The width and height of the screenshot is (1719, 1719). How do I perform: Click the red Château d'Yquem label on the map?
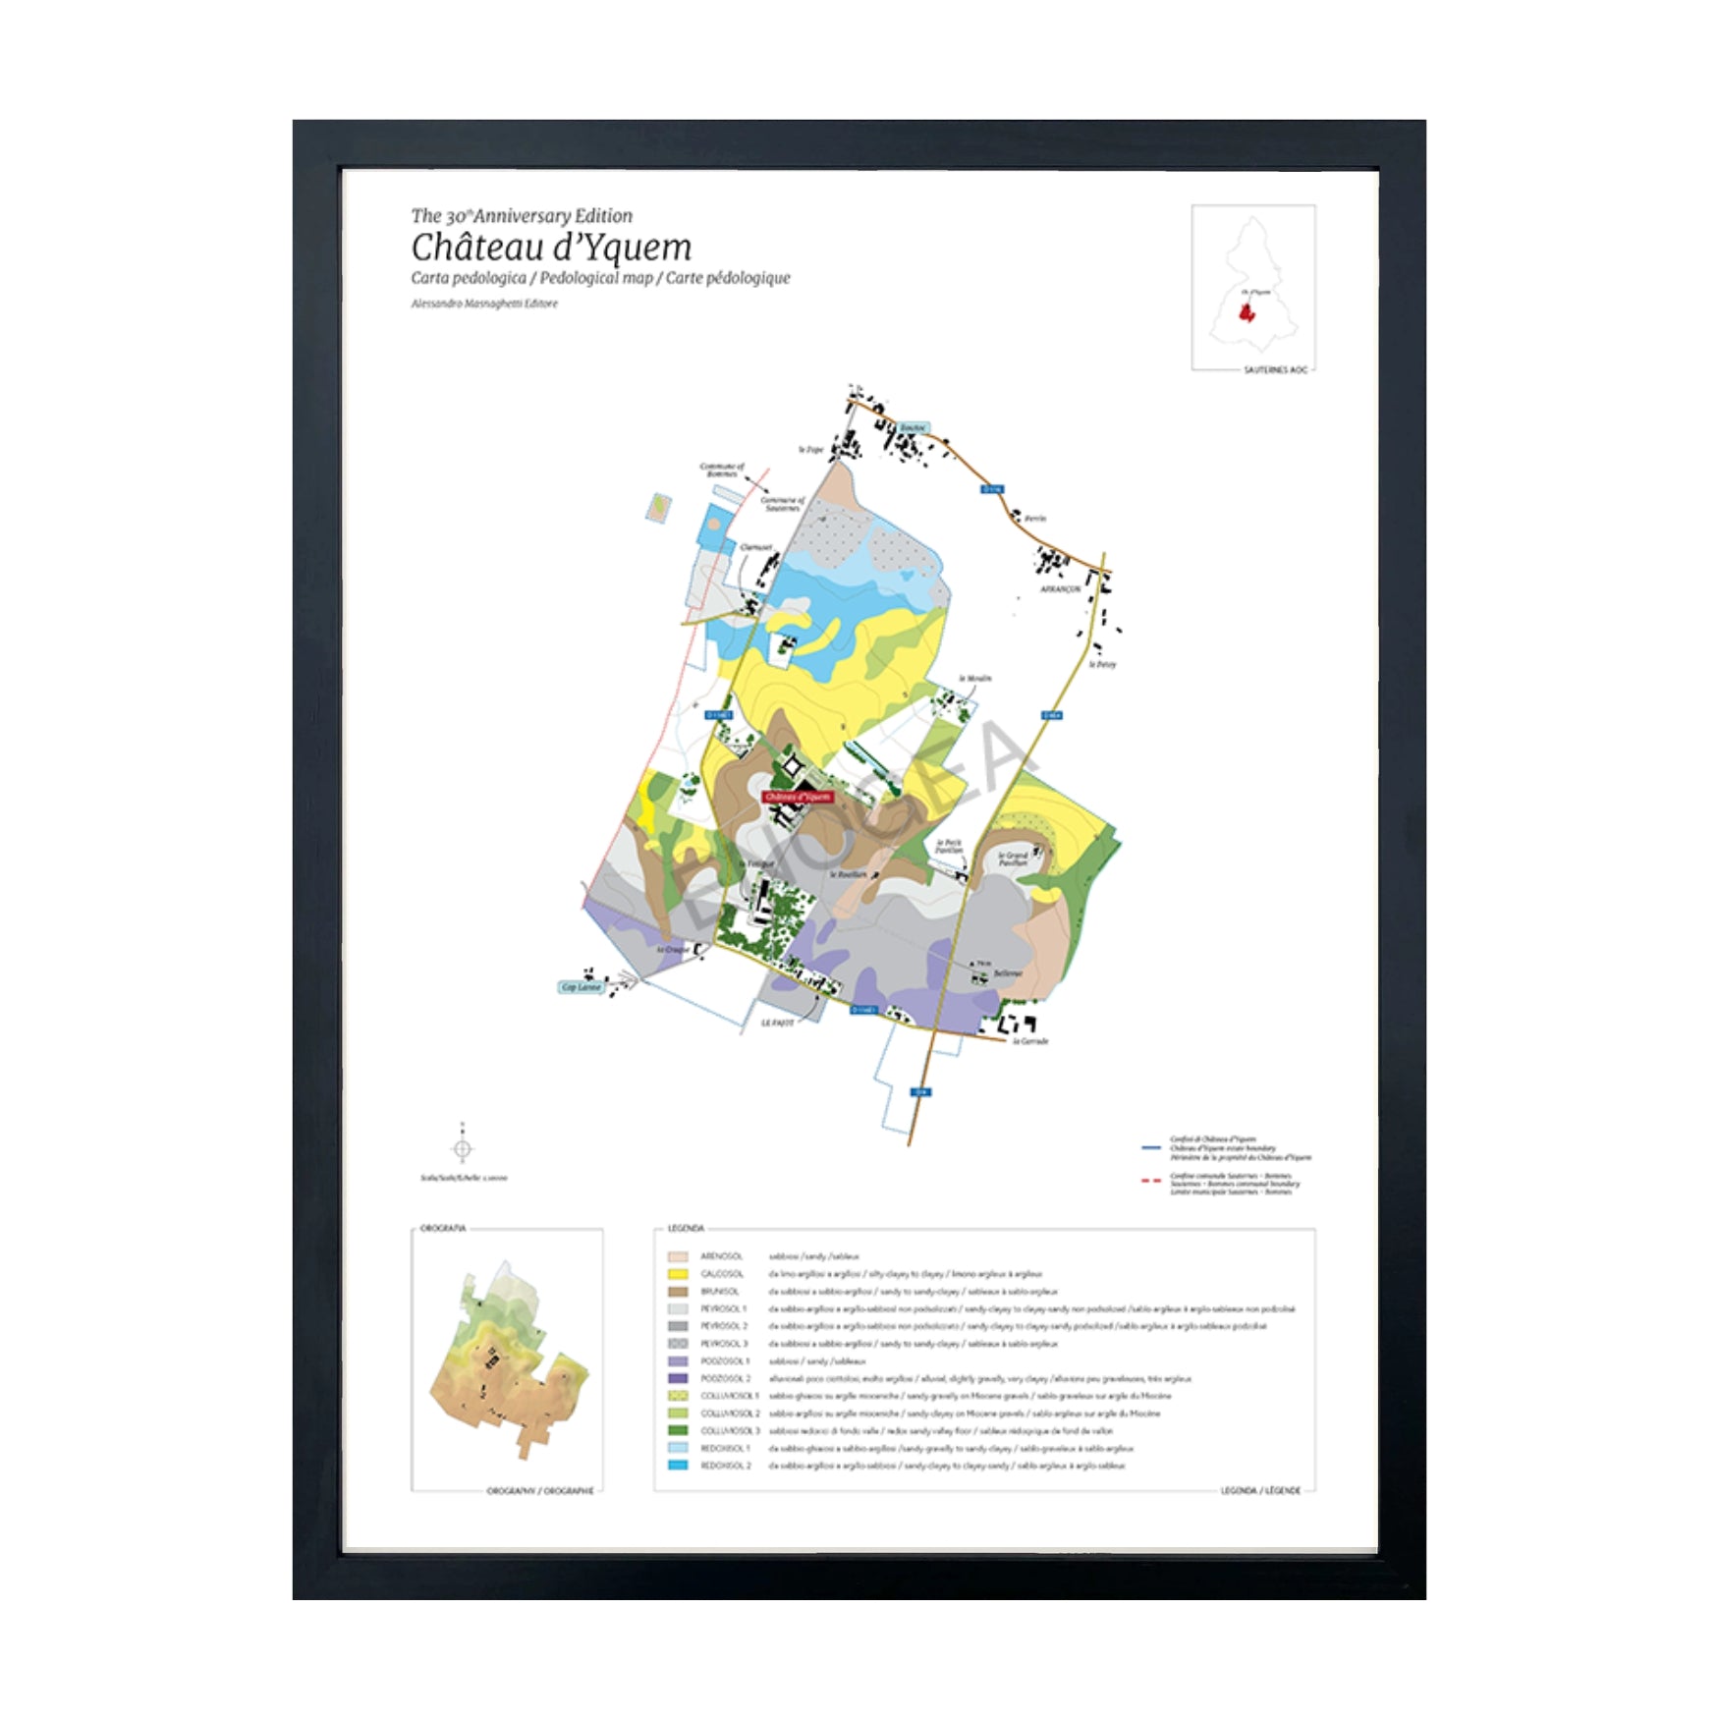(797, 797)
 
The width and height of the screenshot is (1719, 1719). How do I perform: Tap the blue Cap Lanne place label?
(582, 987)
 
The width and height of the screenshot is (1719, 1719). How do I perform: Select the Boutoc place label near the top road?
(913, 428)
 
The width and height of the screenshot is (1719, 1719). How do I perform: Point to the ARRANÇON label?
(1061, 589)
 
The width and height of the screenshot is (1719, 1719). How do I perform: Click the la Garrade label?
(1030, 1041)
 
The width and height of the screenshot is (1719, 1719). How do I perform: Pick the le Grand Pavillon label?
(1013, 859)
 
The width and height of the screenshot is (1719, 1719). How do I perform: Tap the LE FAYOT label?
(778, 1023)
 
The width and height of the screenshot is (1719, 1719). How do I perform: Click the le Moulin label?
(975, 679)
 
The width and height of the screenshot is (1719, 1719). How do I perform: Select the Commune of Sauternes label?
(783, 504)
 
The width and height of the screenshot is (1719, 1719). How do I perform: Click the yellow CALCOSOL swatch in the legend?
(678, 1274)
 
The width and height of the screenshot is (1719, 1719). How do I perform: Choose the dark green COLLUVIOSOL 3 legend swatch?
(678, 1431)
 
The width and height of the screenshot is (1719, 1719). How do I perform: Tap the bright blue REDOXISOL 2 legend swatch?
(678, 1466)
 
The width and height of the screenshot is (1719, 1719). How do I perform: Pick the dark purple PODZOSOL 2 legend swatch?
(678, 1379)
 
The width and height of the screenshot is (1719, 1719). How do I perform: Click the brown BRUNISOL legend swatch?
(678, 1292)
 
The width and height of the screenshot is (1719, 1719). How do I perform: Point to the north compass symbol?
(463, 1148)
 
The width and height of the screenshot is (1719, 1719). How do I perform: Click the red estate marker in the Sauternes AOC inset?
(1247, 313)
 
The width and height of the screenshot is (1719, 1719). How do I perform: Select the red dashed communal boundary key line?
(1151, 1181)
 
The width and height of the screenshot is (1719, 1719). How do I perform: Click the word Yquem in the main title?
(638, 248)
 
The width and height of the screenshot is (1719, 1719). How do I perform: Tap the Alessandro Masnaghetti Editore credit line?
(484, 304)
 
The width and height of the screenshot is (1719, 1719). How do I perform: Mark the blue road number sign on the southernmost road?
(920, 1092)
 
